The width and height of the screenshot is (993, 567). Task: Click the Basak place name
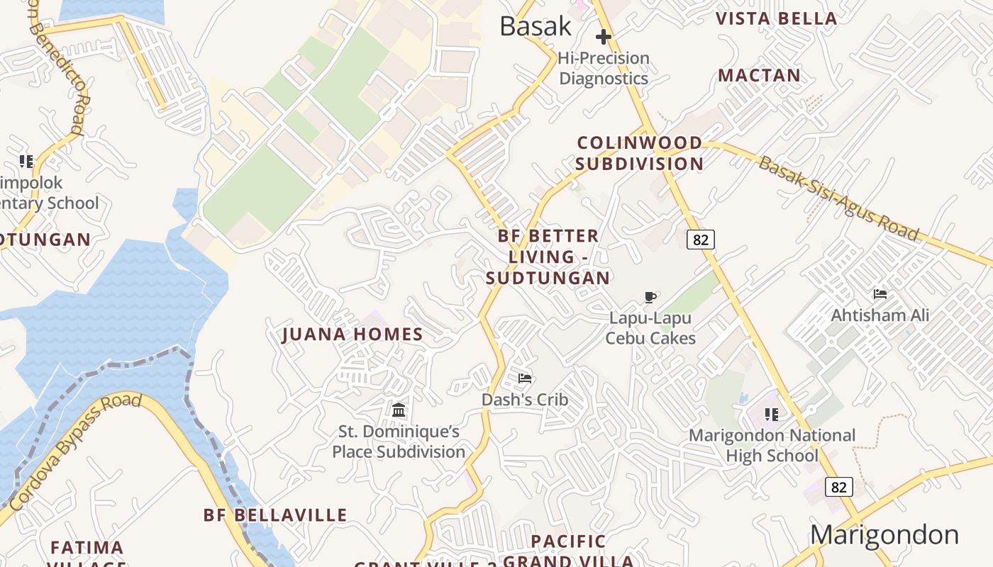(535, 26)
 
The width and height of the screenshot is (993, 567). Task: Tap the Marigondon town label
(884, 534)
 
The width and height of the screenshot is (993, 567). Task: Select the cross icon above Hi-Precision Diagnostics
(604, 37)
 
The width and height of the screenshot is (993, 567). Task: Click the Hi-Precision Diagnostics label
(604, 68)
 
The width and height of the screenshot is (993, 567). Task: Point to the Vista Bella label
(777, 18)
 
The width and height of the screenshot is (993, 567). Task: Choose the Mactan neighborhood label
(759, 75)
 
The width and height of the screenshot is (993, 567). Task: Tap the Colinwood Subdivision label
(639, 153)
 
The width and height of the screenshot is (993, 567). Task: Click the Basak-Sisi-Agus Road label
(839, 198)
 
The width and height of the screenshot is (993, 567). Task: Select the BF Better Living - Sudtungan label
(548, 257)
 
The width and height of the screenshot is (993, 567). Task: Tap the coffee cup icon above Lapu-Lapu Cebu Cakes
(650, 298)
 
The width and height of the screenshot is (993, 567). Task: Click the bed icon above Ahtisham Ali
(880, 294)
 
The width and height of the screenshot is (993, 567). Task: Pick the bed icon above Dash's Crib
(525, 378)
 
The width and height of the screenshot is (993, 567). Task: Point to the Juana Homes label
(353, 335)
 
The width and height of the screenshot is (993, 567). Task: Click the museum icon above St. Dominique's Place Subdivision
(399, 410)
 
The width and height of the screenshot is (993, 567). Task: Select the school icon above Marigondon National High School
(772, 414)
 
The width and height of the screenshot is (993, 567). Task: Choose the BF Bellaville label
(275, 515)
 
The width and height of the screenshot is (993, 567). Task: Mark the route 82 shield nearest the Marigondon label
(838, 487)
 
